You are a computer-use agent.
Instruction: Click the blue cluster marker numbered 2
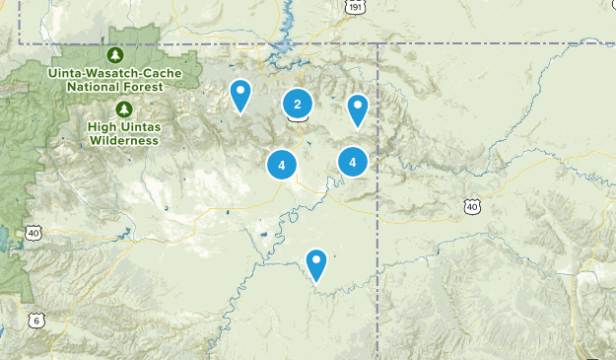click(297, 104)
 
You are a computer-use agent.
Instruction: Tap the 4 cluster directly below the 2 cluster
click(282, 165)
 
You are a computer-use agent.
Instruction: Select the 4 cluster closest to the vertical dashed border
click(352, 161)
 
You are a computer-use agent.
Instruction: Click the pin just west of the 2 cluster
click(240, 95)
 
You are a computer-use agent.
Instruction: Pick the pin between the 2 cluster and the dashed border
click(358, 108)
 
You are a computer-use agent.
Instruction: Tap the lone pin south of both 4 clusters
click(316, 263)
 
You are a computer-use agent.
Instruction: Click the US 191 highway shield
click(355, 6)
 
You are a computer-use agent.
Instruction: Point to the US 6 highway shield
click(36, 320)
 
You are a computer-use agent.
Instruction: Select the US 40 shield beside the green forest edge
click(34, 233)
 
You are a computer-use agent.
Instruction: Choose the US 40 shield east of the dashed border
click(472, 205)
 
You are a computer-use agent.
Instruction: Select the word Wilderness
click(123, 140)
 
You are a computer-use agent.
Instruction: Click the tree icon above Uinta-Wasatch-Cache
click(116, 54)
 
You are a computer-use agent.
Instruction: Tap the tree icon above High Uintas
click(123, 108)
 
